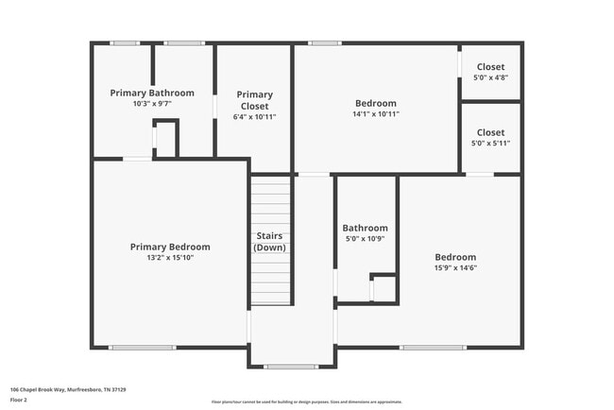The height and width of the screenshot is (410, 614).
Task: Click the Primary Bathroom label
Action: [x=152, y=93]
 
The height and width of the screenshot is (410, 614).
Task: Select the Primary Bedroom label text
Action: [x=170, y=247]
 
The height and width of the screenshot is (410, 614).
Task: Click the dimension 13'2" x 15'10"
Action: [x=170, y=257]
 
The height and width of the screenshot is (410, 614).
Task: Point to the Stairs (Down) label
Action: [x=270, y=241]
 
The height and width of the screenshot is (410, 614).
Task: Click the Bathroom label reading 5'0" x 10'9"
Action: [x=365, y=228]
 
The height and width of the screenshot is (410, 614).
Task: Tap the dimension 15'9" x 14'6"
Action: [x=455, y=267]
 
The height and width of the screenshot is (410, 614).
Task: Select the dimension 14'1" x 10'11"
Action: [x=376, y=114]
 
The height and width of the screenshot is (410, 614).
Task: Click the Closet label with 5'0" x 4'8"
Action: [x=490, y=67]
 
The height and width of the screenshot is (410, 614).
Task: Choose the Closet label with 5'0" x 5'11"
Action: [x=490, y=132]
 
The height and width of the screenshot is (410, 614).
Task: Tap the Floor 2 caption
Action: [x=19, y=400]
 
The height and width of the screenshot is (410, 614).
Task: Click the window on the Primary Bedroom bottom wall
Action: [x=143, y=348]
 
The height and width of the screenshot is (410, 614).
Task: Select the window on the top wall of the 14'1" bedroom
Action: [x=325, y=43]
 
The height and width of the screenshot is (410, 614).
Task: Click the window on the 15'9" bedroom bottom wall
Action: [x=432, y=348]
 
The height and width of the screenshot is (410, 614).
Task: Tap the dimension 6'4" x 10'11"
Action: [x=254, y=117]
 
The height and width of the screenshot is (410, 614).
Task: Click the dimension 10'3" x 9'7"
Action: [x=152, y=104]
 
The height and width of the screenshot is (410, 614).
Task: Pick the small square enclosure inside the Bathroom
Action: [x=383, y=288]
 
